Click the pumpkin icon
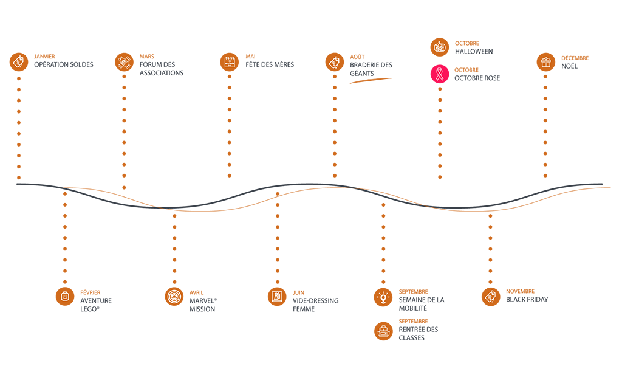coord(440,46)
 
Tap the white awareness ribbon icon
coord(437,75)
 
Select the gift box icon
coord(545,61)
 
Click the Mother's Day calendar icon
coord(229,61)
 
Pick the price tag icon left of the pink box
coord(333,61)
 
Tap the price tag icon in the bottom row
coord(491,296)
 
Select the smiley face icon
coord(65,297)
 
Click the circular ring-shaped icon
coord(174,297)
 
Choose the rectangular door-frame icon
coord(277,297)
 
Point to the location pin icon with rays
coord(383,297)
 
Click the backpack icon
coord(383,331)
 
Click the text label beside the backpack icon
coord(419,331)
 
